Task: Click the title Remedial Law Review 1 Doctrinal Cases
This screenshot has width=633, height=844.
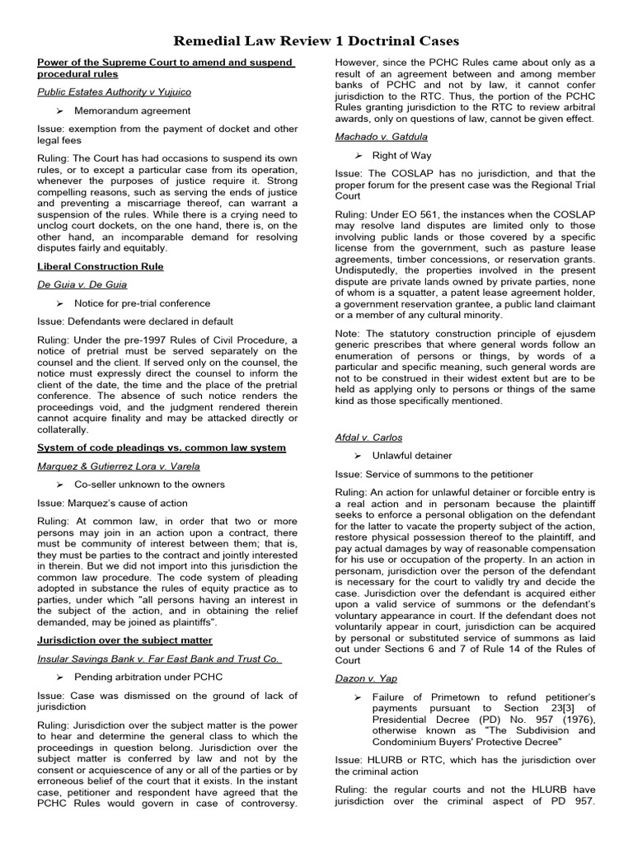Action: [316, 40]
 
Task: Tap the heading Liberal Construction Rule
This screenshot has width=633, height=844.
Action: [101, 266]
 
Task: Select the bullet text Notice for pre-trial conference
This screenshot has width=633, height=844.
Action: [142, 302]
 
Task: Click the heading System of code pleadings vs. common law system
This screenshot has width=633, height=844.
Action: [162, 448]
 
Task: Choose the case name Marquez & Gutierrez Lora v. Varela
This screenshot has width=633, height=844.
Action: [119, 466]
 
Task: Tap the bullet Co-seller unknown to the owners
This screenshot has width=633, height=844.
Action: [149, 484]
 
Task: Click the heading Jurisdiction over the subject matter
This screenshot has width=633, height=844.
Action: [124, 640]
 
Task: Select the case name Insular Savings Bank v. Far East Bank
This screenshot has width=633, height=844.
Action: [159, 658]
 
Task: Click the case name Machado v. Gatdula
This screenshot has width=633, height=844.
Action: [382, 136]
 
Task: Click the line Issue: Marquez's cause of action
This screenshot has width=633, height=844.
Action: [112, 503]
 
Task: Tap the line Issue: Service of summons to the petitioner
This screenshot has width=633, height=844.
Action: [434, 474]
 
